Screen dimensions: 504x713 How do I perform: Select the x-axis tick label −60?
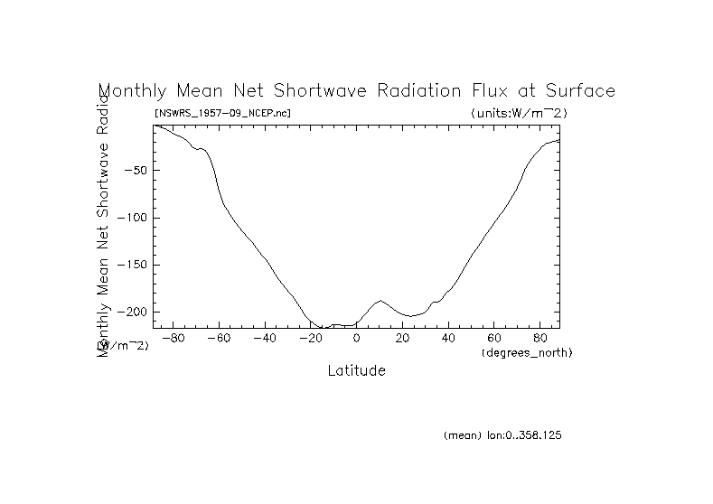pyautogui.click(x=219, y=338)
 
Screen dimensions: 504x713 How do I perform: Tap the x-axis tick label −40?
pyautogui.click(x=264, y=338)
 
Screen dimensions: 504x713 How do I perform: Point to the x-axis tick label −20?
pyautogui.click(x=310, y=338)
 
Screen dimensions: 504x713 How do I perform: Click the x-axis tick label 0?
pyautogui.click(x=357, y=338)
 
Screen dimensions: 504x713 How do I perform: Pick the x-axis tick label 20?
pyautogui.click(x=402, y=338)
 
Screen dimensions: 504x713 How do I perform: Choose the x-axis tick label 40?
pyautogui.click(x=448, y=338)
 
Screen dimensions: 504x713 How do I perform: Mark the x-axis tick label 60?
pyautogui.click(x=494, y=338)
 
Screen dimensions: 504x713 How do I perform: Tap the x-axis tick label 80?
pyautogui.click(x=539, y=338)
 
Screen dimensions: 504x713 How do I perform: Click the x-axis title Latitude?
pyautogui.click(x=356, y=370)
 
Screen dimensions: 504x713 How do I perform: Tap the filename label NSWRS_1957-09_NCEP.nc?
pyautogui.click(x=222, y=113)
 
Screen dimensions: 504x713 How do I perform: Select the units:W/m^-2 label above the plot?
pyautogui.click(x=519, y=113)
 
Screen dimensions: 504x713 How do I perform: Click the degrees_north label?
pyautogui.click(x=527, y=351)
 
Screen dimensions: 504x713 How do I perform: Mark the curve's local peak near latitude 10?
pyautogui.click(x=380, y=300)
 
